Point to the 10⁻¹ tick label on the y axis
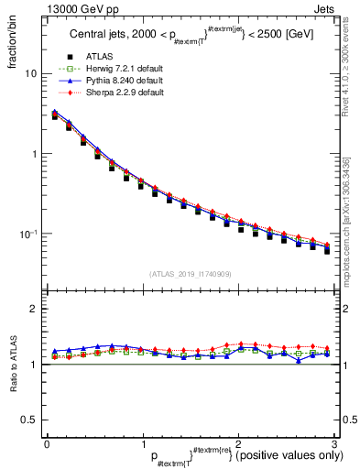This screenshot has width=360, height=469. click(28, 234)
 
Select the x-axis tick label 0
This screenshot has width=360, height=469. click(47, 442)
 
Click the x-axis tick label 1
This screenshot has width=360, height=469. click(142, 442)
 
